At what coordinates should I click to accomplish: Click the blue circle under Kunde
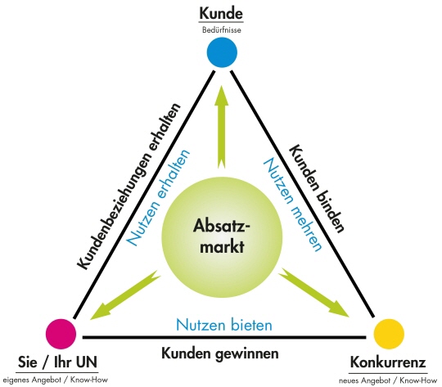click(x=222, y=52)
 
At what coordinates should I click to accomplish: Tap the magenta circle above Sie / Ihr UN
click(x=61, y=335)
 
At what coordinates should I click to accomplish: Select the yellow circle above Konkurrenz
click(x=389, y=335)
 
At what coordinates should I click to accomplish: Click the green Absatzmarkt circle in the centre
click(x=222, y=236)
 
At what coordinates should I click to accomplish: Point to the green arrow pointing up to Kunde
click(x=221, y=127)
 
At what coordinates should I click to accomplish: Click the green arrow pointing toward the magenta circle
click(x=124, y=295)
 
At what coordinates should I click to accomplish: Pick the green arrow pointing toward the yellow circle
click(x=313, y=293)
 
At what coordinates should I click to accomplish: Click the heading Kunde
click(x=221, y=14)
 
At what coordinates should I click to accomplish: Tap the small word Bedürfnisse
click(x=222, y=30)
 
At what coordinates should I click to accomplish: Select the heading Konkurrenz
click(x=388, y=362)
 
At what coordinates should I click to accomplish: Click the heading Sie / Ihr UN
click(x=57, y=362)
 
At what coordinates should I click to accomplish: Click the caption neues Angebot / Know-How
click(x=388, y=380)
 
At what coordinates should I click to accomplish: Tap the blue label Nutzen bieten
click(x=224, y=325)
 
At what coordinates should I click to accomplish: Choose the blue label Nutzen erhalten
click(x=158, y=197)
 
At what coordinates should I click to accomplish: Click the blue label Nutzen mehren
click(x=291, y=205)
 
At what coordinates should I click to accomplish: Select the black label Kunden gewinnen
click(x=220, y=353)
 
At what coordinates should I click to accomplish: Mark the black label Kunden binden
click(x=318, y=189)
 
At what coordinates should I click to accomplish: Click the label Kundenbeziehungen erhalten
click(x=129, y=187)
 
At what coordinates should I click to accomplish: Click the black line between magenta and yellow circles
click(x=224, y=337)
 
